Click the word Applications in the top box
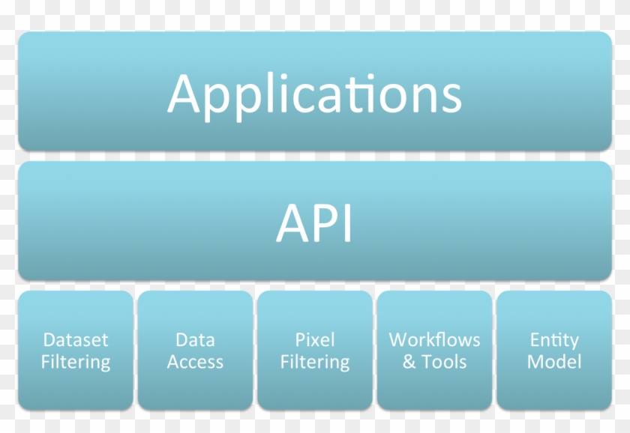click(314, 94)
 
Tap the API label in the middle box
click(314, 222)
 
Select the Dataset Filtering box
click(76, 351)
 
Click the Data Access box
click(195, 351)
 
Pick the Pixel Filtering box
click(315, 351)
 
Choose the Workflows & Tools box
click(434, 351)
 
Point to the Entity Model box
click(554, 351)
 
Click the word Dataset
click(76, 340)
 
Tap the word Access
click(195, 363)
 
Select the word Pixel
click(315, 340)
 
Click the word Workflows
click(434, 340)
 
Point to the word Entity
click(554, 340)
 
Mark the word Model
click(554, 363)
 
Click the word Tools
click(445, 363)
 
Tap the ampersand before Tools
click(409, 363)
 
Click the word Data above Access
click(195, 340)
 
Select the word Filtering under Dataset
click(76, 363)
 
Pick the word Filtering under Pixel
click(315, 363)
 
